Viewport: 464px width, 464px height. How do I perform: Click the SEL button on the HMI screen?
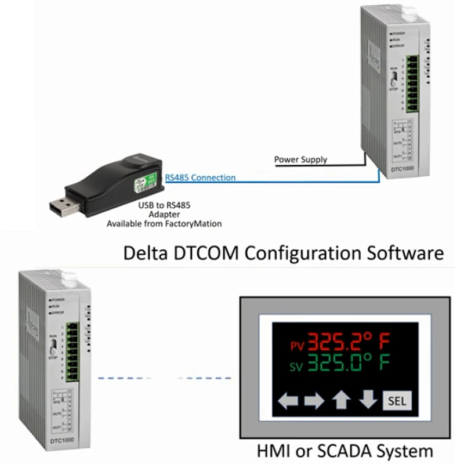(x=397, y=401)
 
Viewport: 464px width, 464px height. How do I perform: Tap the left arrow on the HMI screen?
(x=288, y=401)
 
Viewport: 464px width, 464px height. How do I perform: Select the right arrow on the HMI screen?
(x=314, y=401)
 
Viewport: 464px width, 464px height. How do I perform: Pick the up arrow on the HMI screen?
(x=341, y=400)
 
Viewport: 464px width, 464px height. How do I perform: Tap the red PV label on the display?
(x=296, y=346)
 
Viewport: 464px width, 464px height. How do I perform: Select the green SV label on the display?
(x=296, y=367)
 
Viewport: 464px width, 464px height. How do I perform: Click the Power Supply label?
(x=300, y=159)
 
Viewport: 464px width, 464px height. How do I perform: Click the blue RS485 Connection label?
(x=201, y=177)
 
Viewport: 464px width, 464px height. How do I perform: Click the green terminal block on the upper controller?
(x=412, y=84)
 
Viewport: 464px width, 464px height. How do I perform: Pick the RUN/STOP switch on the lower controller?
(x=53, y=347)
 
